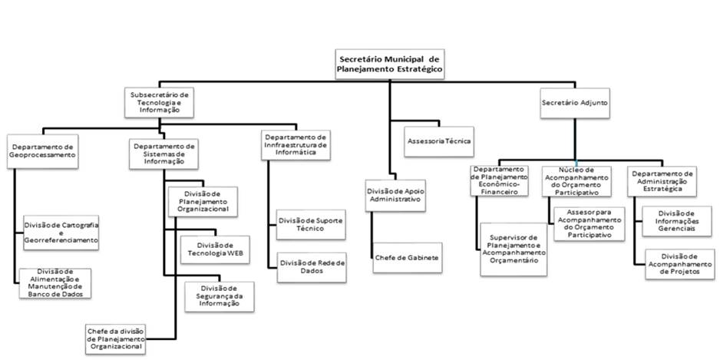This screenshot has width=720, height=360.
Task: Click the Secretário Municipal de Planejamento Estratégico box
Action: (389, 63)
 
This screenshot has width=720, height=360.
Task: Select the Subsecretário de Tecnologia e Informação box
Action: (159, 101)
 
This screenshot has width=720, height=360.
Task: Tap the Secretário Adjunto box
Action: (576, 102)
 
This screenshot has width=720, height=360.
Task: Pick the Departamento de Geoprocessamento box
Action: (42, 150)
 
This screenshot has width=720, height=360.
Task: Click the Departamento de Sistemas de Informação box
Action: (164, 154)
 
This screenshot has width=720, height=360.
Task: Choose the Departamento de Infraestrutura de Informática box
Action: (296, 144)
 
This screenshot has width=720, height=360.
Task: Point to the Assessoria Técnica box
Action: (439, 141)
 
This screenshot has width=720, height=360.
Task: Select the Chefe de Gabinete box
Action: (407, 258)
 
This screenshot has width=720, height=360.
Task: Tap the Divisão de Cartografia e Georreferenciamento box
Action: (61, 233)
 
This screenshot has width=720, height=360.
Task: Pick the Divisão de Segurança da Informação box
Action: (220, 296)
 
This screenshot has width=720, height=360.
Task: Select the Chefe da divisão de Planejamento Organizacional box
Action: (115, 339)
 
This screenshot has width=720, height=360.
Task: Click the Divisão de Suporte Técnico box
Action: (312, 225)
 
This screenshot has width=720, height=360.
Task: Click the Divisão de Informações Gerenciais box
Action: (671, 220)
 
